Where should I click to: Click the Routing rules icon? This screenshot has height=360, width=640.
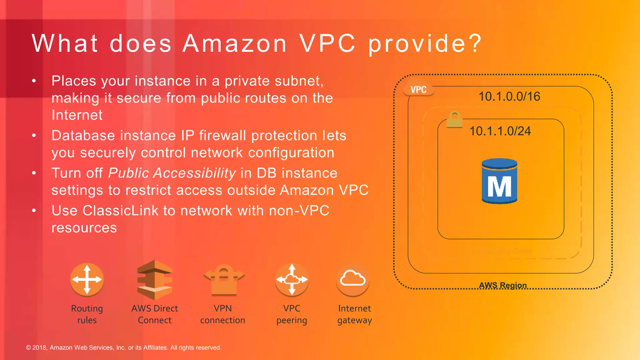click(x=87, y=279)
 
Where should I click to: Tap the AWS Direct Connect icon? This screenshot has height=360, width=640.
click(x=155, y=280)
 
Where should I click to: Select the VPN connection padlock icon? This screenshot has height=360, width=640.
click(x=224, y=280)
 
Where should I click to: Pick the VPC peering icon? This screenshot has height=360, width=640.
click(x=292, y=279)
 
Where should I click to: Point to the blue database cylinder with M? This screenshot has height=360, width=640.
click(x=499, y=181)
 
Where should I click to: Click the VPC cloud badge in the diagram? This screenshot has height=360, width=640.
click(x=418, y=89)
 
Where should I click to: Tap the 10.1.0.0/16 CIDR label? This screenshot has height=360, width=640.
click(x=509, y=97)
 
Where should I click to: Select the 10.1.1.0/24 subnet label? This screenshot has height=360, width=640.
click(x=500, y=131)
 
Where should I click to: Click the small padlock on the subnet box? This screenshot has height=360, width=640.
click(x=454, y=120)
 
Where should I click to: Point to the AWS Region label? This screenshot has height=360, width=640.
click(x=503, y=285)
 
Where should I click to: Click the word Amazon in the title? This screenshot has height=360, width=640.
click(x=235, y=43)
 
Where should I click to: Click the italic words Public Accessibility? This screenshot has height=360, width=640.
click(x=172, y=173)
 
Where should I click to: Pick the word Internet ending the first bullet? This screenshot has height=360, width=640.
click(x=77, y=115)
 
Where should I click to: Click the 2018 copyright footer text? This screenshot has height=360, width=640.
click(x=123, y=347)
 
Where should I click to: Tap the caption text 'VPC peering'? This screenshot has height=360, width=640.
click(x=292, y=314)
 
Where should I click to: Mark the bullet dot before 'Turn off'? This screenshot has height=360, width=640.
click(x=34, y=173)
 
